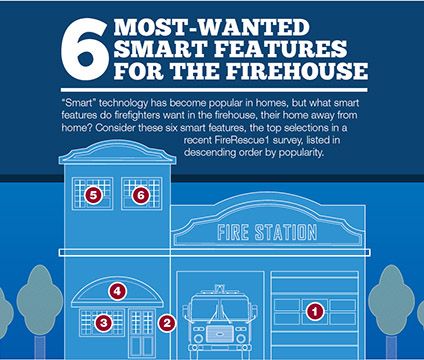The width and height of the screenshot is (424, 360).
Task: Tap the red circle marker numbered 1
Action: tap(314, 311)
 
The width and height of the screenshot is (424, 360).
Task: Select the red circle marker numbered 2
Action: tap(167, 322)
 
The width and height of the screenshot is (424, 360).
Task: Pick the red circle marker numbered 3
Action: tap(103, 322)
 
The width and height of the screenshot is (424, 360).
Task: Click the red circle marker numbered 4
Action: tap(117, 292)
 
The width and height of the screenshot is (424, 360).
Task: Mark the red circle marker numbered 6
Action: tap(141, 195)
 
